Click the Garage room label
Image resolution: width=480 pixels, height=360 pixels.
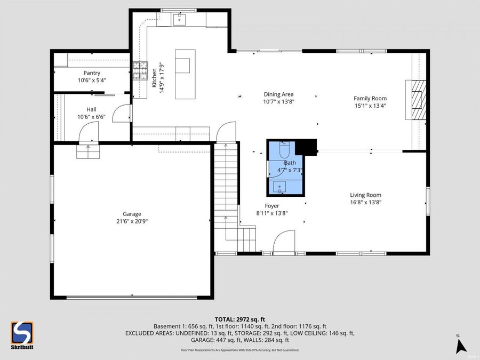coord(132,214)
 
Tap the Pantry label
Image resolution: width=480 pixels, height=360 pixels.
coord(92,73)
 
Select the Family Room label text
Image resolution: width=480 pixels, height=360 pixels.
coord(370,98)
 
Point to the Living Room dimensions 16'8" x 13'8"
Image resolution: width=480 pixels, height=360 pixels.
coord(365,202)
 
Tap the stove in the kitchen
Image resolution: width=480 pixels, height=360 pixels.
coord(140,70)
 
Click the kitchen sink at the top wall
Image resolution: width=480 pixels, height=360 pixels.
coord(179,20)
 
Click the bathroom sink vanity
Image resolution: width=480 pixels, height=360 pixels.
coord(279,187)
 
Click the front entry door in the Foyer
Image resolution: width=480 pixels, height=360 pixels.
coord(284,241)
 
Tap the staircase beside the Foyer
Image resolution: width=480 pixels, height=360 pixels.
coord(226,192)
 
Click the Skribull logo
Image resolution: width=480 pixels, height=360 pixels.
coord(22,335)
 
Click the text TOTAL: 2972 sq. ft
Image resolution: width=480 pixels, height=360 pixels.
coord(240,318)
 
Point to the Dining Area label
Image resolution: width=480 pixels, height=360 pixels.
coord(278,94)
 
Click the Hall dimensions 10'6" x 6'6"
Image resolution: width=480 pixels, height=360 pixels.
coord(92,116)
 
